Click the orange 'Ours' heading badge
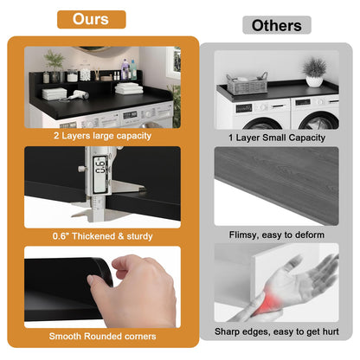(x=92, y=19)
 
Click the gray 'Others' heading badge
(x=277, y=25)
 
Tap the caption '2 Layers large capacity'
(x=102, y=136)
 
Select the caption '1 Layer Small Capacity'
(x=277, y=138)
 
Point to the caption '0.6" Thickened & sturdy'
(x=102, y=236)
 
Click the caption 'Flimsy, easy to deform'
(x=277, y=235)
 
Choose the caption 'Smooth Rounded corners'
(x=102, y=336)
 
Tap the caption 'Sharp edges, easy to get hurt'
(x=277, y=331)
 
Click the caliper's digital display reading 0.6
(x=100, y=174)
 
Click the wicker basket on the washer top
(x=247, y=84)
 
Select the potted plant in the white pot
(x=314, y=72)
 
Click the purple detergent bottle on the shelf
(x=125, y=69)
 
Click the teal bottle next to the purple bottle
(x=133, y=70)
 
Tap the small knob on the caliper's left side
(x=81, y=169)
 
